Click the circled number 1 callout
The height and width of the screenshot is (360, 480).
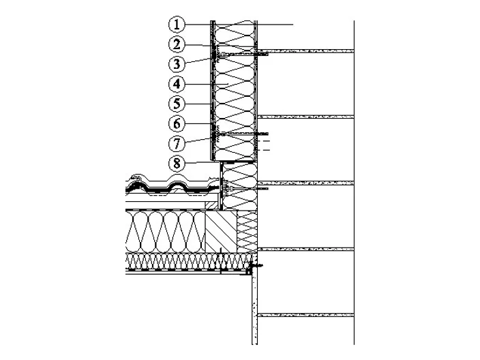[177, 25]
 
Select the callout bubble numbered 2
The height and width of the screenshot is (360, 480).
[177, 44]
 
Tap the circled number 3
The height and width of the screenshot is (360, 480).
[177, 64]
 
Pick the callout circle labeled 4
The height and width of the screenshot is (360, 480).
[177, 84]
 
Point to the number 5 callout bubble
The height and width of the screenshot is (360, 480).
[177, 104]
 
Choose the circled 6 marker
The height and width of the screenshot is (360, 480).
[177, 124]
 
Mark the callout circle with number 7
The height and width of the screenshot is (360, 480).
[177, 144]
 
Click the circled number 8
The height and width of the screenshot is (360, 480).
[177, 164]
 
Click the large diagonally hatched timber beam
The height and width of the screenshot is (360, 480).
[221, 231]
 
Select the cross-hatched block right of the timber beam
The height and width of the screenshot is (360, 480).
[247, 231]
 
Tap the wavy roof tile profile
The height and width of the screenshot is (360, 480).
[173, 185]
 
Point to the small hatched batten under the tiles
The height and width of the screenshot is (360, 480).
[212, 205]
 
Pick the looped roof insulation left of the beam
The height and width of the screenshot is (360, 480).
[165, 231]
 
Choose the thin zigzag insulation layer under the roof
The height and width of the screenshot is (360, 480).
[188, 261]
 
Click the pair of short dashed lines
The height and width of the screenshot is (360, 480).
[264, 145]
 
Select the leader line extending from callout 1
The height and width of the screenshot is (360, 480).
[239, 25]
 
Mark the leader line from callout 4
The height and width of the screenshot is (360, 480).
[207, 84]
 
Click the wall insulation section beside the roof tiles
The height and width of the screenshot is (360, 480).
[239, 186]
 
